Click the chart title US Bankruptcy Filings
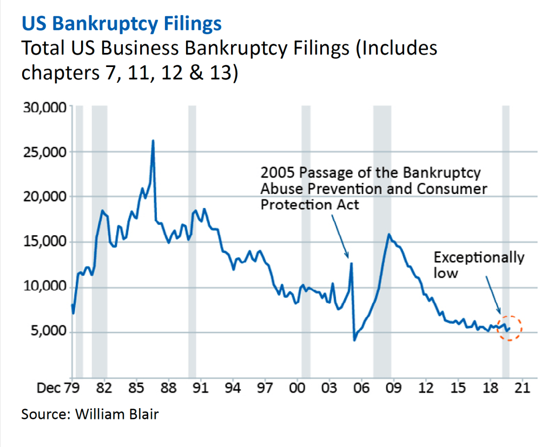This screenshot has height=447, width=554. (121, 24)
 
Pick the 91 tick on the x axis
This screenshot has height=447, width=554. (201, 388)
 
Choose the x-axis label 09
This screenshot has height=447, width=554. (394, 388)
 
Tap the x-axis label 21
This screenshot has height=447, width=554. (522, 388)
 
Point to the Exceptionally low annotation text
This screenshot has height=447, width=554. (479, 265)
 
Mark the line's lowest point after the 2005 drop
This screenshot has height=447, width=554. (354, 340)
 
